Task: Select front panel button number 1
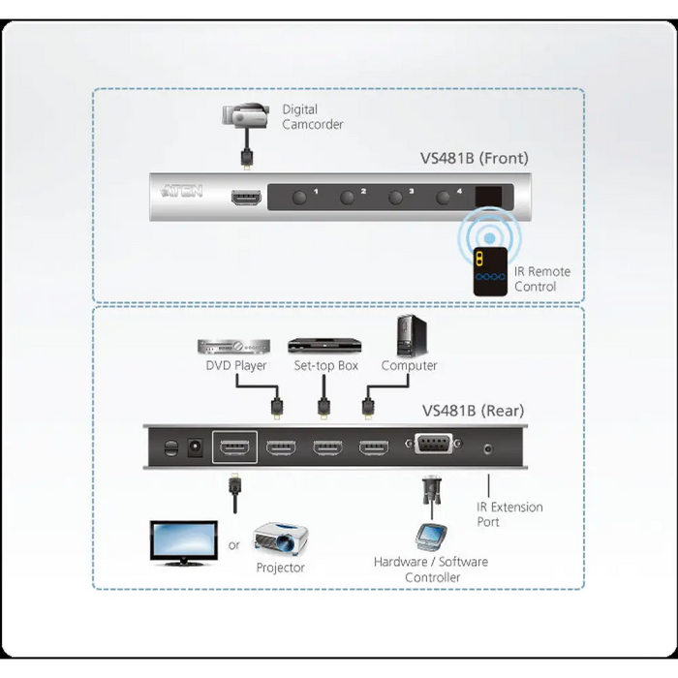[x=299, y=198]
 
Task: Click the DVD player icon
[x=233, y=346]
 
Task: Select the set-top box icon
[x=323, y=346]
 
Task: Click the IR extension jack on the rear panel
[x=488, y=448]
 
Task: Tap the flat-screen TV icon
[x=183, y=542]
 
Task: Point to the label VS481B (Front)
[x=474, y=158]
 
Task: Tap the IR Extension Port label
[x=509, y=514]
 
